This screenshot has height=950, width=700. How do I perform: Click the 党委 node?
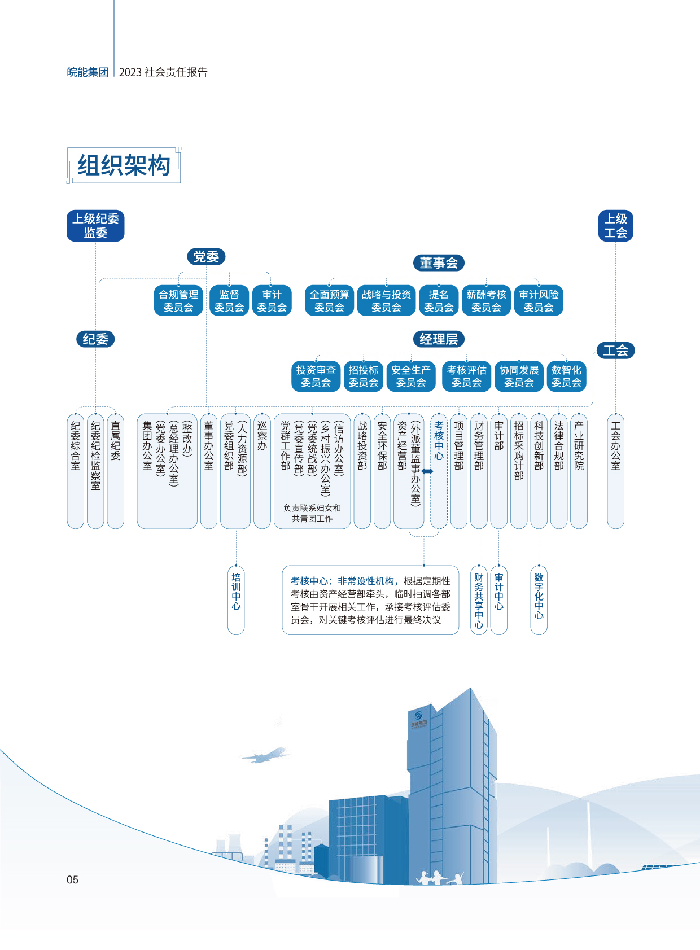pos(206,257)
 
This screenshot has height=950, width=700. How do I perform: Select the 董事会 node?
pos(439,262)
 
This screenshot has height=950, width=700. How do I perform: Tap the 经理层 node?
pos(439,339)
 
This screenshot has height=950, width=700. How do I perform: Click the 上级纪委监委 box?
pos(95,226)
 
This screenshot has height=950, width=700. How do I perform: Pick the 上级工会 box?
pos(615,226)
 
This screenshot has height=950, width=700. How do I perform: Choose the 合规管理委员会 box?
pos(178,301)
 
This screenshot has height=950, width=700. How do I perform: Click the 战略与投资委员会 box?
pos(386,301)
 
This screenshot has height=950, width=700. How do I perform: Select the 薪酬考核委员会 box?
pos(486,301)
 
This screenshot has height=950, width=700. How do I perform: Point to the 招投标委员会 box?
pos(363,377)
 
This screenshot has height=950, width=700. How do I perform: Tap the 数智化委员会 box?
pos(566,377)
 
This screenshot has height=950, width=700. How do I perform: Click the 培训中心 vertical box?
pos(236,599)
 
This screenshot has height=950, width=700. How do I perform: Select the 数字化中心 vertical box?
pos(539,599)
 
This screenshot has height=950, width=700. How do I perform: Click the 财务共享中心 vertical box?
pos(479,599)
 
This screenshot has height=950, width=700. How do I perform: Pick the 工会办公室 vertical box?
pos(615,471)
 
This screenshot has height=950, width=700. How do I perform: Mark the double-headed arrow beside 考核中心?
pos(427,471)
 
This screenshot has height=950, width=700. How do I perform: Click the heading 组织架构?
pos(124,165)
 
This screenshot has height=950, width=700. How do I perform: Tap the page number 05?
pos(72,879)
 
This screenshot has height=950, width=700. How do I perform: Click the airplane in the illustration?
pos(264,755)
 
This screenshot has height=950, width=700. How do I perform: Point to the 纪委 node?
pos(95,339)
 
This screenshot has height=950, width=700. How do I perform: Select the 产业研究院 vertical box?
pos(579,471)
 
